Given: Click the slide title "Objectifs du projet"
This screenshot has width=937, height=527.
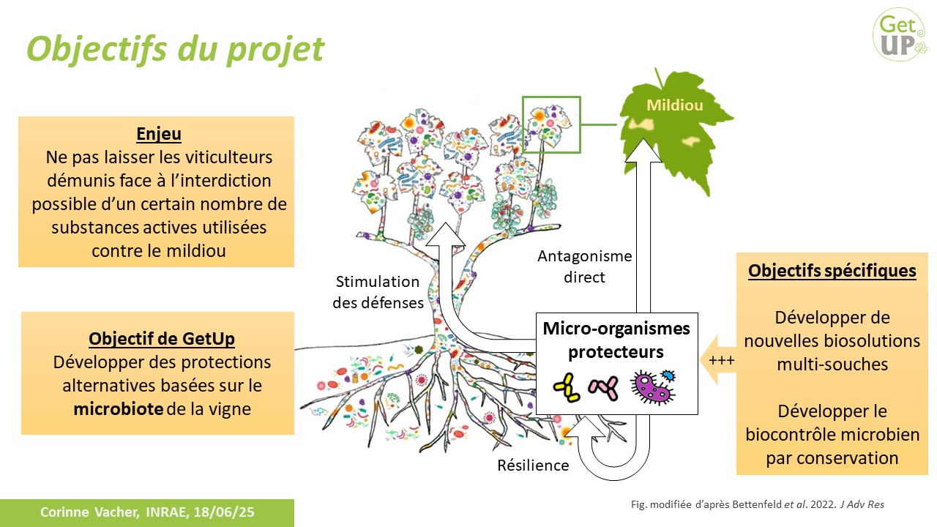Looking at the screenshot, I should [175, 48].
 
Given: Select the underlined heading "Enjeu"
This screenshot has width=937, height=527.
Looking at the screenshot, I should [158, 135].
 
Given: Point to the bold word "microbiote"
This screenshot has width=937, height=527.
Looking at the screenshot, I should [118, 409].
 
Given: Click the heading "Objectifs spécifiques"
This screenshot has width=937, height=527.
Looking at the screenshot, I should [832, 271].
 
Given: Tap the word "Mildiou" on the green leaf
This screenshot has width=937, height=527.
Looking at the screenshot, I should [674, 105].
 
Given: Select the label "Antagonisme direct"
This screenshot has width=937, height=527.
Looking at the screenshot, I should [584, 266].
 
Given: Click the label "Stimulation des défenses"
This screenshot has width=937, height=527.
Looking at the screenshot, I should [377, 291].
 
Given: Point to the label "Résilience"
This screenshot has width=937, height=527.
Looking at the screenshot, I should [533, 465].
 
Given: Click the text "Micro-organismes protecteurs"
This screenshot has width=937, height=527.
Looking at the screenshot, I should [616, 340].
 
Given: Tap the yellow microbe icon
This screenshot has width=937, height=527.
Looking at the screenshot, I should [566, 387].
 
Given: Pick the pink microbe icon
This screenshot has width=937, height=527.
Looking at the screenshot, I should [603, 387].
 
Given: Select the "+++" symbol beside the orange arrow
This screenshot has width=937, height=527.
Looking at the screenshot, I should [721, 361].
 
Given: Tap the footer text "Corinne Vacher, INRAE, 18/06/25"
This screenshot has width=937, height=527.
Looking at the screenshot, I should [146, 512].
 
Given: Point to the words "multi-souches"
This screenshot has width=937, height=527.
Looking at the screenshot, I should [832, 364].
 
